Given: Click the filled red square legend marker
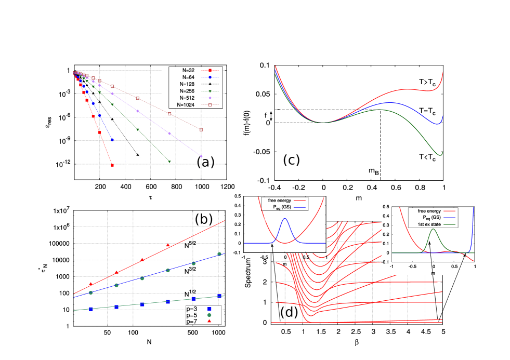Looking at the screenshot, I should click(210, 70).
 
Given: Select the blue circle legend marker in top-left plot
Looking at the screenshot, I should click(210, 77).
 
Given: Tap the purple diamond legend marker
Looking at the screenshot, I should click(210, 98).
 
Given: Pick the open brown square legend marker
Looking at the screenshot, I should click(210, 105).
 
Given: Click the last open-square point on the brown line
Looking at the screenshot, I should click(201, 129).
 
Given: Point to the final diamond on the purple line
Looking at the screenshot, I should click(201, 156).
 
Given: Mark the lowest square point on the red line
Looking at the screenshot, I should click(112, 165).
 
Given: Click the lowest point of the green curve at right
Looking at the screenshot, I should click(440, 155).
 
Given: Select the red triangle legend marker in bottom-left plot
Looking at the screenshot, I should click(210, 321).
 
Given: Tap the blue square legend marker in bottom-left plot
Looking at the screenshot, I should click(210, 309).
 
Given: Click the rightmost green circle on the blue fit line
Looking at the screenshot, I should click(219, 254).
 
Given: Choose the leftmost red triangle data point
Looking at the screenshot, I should click(91, 284).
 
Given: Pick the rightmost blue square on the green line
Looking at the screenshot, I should click(219, 296).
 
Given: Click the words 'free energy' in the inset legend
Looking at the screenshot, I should click(429, 211).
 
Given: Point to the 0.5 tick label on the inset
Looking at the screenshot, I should click(385, 206).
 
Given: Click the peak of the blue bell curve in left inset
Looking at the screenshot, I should click(284, 219).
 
